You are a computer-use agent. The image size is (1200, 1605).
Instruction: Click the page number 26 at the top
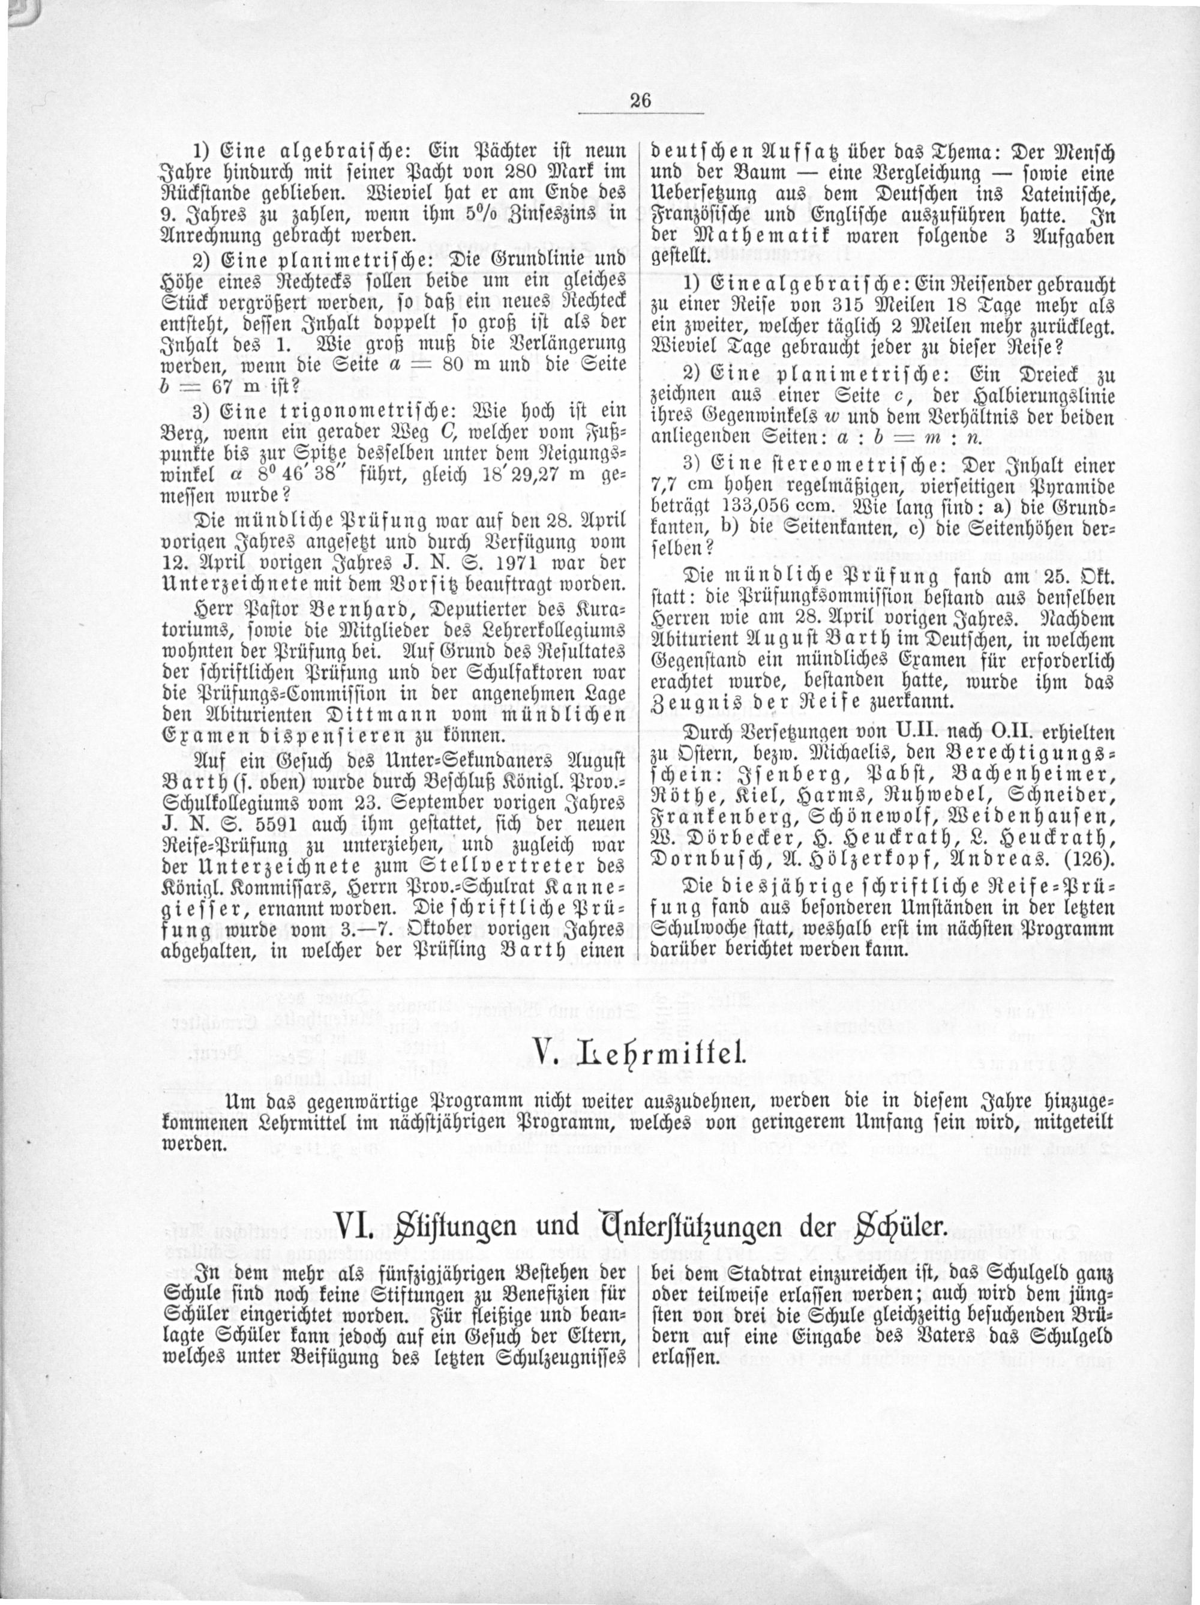[641, 101]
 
